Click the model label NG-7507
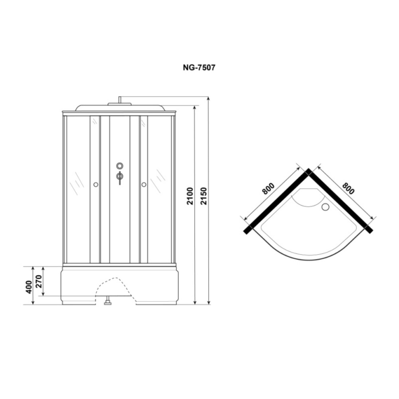(199, 67)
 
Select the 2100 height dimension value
(190, 196)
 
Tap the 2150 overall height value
(204, 196)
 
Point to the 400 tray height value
(29, 287)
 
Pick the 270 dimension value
(39, 281)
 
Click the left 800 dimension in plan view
(269, 189)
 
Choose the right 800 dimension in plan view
(348, 188)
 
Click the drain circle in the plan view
(325, 207)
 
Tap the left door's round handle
(96, 184)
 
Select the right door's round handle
(144, 184)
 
